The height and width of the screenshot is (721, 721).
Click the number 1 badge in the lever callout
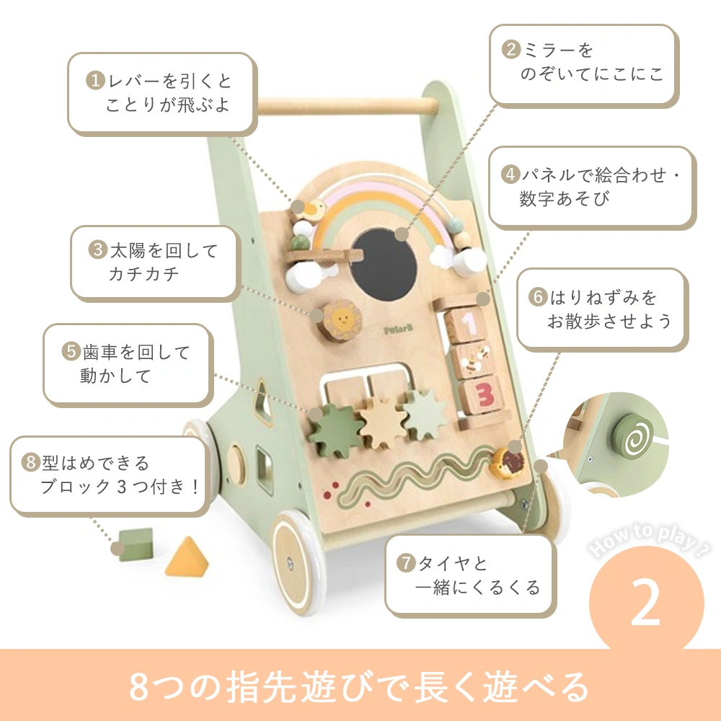(95, 80)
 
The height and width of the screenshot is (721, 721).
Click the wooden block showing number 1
(470, 324)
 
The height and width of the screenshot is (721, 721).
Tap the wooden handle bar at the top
(339, 107)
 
